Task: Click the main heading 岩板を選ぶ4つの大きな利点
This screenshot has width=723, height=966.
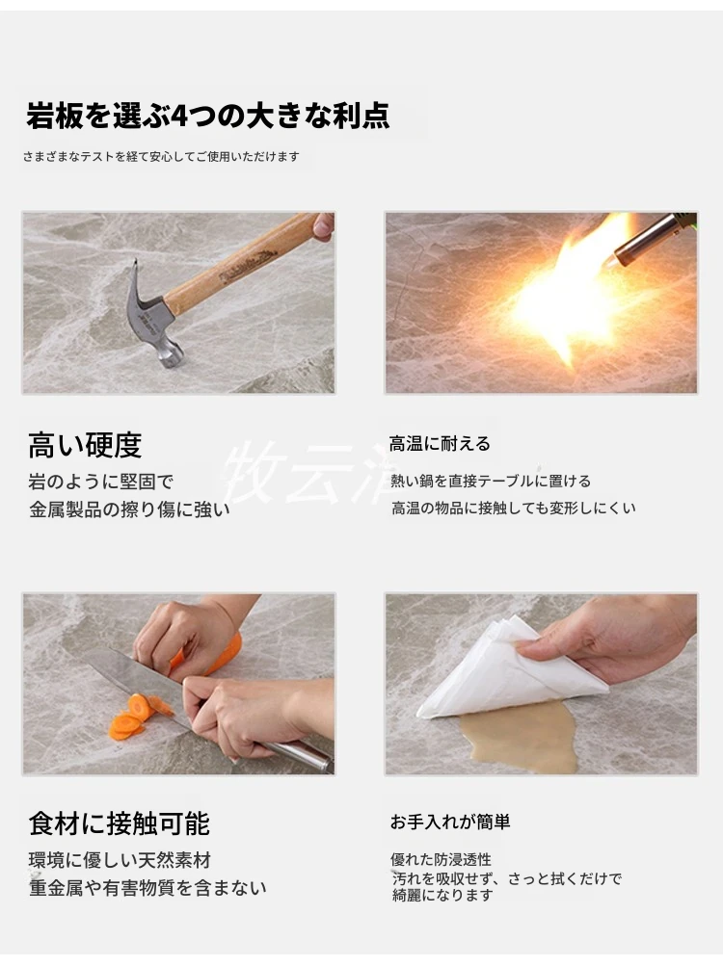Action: [208, 116]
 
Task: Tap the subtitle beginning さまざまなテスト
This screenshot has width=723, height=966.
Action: [161, 156]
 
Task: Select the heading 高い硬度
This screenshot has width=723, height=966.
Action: [85, 445]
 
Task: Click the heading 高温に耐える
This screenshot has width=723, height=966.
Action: [440, 443]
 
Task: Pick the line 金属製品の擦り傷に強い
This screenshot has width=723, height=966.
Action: [129, 509]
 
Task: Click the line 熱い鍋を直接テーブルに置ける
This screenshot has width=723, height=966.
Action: [491, 481]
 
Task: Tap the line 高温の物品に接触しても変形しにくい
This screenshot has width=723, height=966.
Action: [513, 508]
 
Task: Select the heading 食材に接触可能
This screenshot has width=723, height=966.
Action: [120, 823]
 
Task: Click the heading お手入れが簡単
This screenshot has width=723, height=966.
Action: [450, 822]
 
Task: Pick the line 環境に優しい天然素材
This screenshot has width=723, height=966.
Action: [120, 859]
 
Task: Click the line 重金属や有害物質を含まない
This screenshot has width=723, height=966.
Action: [147, 887]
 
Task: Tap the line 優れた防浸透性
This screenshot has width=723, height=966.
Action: [441, 859]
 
